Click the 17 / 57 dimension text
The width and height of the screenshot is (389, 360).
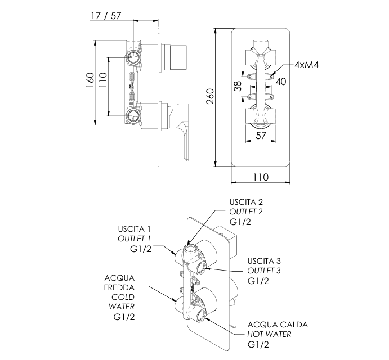106,16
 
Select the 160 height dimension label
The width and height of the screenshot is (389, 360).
90,80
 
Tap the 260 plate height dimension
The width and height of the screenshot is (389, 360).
210,96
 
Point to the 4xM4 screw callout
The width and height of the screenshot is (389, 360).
306,65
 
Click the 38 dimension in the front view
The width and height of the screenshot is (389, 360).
238,86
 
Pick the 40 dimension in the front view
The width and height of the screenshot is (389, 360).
281,82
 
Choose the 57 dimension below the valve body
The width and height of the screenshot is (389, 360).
261,136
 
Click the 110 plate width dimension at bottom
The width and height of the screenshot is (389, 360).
261,177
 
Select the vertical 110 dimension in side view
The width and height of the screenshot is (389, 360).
102,79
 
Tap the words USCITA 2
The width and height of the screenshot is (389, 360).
246,202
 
